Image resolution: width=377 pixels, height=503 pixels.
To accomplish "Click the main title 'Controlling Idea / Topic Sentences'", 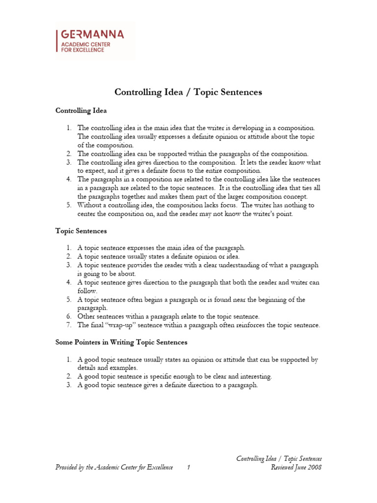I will [x=188, y=92].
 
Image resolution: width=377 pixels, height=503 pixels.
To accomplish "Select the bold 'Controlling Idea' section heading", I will [x=81, y=111].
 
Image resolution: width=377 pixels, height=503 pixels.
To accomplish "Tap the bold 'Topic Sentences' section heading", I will [x=81, y=230].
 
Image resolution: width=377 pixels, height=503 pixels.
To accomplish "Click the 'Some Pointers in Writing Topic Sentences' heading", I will [x=121, y=342].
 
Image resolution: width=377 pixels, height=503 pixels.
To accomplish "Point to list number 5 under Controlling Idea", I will [x=69, y=205].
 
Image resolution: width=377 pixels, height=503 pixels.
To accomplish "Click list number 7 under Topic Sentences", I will [x=69, y=325].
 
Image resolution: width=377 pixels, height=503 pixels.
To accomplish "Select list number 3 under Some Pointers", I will [x=69, y=385].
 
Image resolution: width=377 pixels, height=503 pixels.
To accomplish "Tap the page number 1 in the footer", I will [x=188, y=468].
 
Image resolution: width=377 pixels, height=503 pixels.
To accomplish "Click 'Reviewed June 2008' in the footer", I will [x=296, y=468].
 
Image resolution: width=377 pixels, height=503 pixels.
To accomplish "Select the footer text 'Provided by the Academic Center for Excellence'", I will [x=114, y=468].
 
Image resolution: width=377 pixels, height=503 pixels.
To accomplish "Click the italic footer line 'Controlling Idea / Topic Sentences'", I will [x=279, y=459].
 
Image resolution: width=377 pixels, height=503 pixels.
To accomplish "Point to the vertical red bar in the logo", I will [x=58, y=41].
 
